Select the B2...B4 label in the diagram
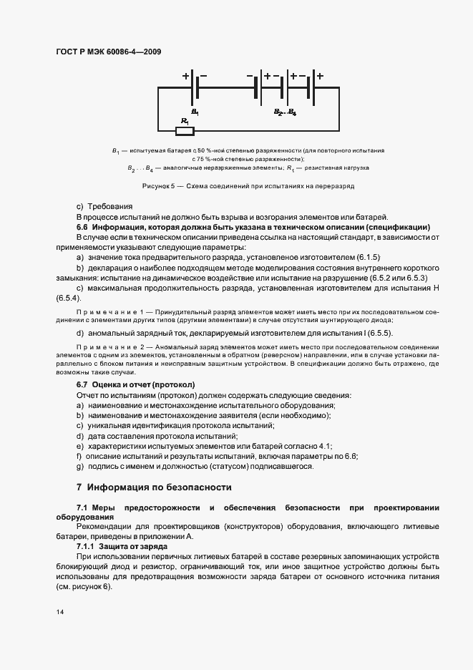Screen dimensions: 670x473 [285, 112]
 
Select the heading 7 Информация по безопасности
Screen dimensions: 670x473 [154, 487]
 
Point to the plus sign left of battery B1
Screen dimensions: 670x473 [185, 75]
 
